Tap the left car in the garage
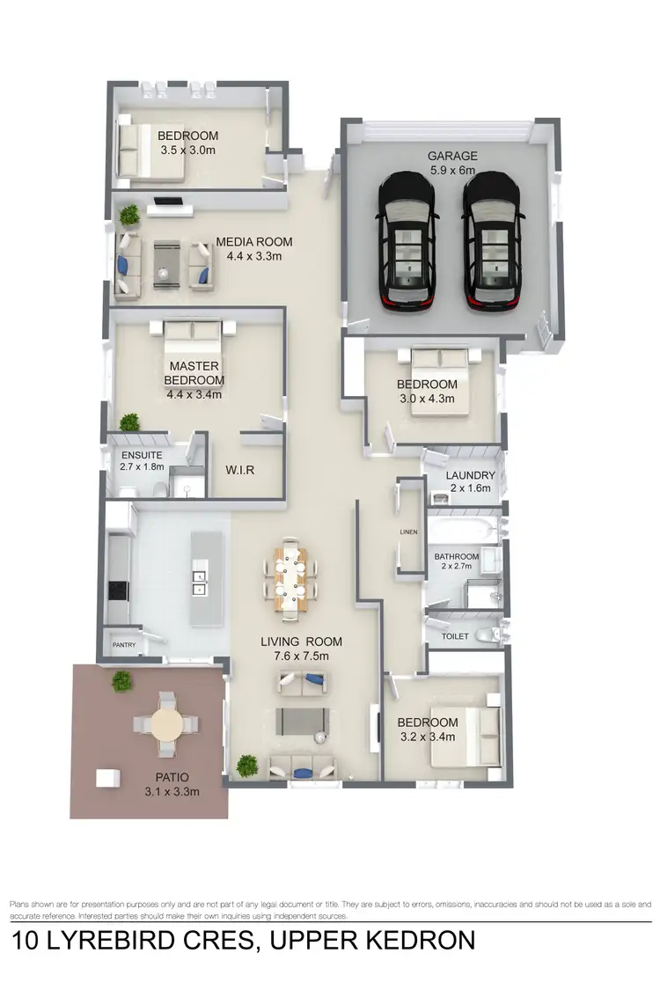407,239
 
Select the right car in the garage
493,239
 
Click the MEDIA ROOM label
253,242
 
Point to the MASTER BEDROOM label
194,373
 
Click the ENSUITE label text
142,455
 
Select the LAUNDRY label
471,475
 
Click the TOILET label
455,634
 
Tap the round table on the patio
165,725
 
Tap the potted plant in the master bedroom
129,422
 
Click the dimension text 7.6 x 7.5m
300,656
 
